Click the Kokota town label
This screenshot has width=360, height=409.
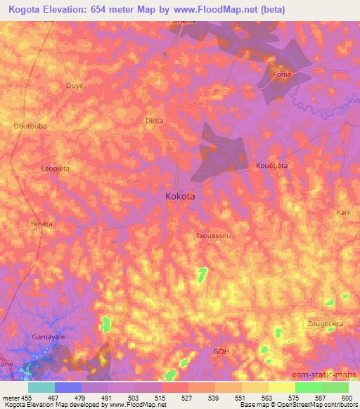181,198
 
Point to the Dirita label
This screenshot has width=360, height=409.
154,121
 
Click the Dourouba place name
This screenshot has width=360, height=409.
30,126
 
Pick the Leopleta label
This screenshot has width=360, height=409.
55,169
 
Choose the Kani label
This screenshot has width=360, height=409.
343,212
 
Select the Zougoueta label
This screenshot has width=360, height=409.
326,324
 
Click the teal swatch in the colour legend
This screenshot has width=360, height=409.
41,387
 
